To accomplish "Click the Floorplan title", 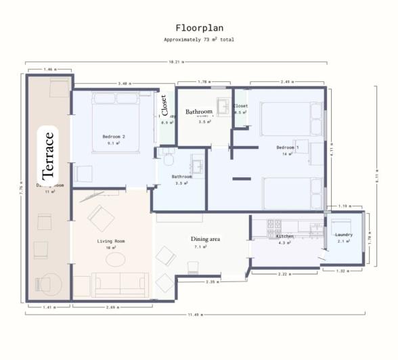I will (x=199, y=28).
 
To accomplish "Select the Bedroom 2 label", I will (x=114, y=137).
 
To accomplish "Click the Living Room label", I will (x=111, y=241).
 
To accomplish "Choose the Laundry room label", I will (x=344, y=235).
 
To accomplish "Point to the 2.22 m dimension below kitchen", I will (x=284, y=273).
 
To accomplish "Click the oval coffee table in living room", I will (x=115, y=259).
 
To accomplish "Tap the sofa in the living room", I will (x=120, y=285).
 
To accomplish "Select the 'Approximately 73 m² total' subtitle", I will (x=199, y=40).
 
